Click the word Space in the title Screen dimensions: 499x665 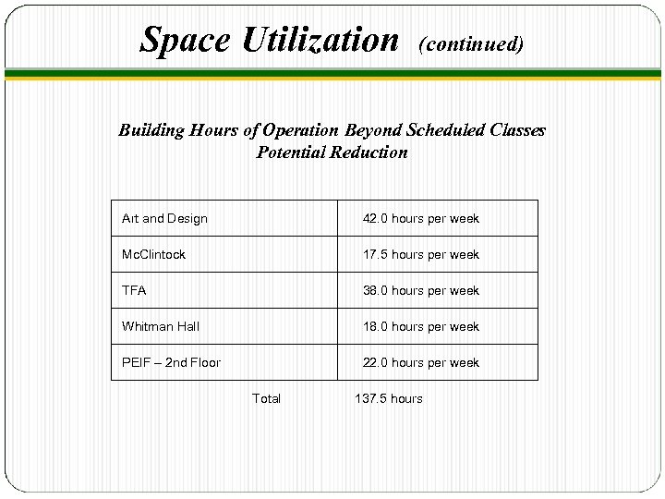pyautogui.click(x=186, y=39)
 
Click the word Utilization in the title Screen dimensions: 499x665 pyautogui.click(x=320, y=39)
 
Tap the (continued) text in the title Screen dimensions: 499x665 pyautogui.click(x=471, y=43)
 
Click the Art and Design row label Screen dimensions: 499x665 pyautogui.click(x=164, y=219)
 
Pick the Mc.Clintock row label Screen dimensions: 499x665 pyautogui.click(x=153, y=255)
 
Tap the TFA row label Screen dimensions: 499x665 pyautogui.click(x=134, y=291)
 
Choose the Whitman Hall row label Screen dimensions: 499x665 pyautogui.click(x=161, y=327)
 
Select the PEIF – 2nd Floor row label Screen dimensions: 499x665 pyautogui.click(x=171, y=363)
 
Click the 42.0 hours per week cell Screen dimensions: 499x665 pyautogui.click(x=420, y=219)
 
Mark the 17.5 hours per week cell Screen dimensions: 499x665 pyautogui.click(x=420, y=255)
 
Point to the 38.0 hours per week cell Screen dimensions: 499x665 pyautogui.click(x=420, y=291)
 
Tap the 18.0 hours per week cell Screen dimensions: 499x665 pyautogui.click(x=420, y=327)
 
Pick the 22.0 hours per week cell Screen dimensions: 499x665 pyautogui.click(x=420, y=363)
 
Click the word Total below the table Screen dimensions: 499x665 pyautogui.click(x=266, y=399)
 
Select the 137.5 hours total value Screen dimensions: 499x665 pyautogui.click(x=389, y=399)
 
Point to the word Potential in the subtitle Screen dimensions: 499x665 pyautogui.click(x=291, y=152)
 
